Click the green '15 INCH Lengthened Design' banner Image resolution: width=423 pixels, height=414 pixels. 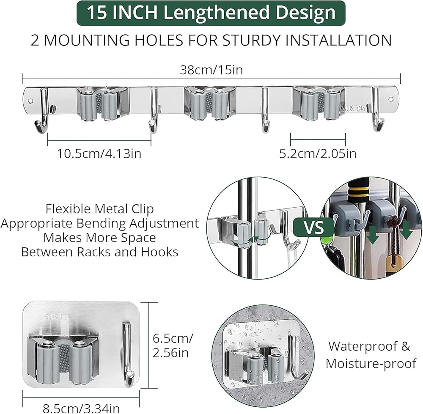click(211, 13)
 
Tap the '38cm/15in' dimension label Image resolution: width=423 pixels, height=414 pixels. click(211, 70)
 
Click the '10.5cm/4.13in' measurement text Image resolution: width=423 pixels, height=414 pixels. click(99, 154)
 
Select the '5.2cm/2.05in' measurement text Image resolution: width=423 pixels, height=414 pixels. click(318, 154)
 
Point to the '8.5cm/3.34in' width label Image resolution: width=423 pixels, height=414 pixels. click(81, 409)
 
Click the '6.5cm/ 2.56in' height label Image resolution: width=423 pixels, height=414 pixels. click(173, 345)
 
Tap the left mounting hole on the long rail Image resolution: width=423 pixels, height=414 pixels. click(30, 101)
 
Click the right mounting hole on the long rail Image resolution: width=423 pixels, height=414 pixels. click(391, 99)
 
